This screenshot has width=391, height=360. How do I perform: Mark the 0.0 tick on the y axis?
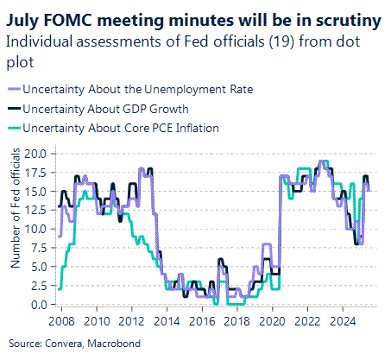point(41,305)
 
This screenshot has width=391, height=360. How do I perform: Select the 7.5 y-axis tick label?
point(41,248)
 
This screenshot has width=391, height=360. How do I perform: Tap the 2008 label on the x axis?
point(60,320)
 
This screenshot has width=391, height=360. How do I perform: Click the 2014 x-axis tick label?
point(167,320)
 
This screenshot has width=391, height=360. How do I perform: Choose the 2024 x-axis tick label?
point(349,320)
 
